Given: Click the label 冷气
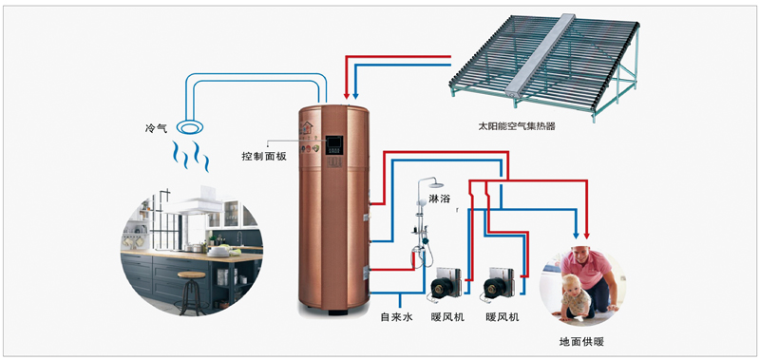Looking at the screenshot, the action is coord(156,128).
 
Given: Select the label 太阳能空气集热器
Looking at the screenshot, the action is coord(516,127).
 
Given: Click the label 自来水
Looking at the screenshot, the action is coord(396,318).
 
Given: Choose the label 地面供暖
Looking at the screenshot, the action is coord(581,342).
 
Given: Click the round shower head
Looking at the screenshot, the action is coord(436,184).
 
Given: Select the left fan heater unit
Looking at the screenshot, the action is coord(444,282).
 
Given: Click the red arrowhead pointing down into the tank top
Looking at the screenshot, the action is coord(347,95).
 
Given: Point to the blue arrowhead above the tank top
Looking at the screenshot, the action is coord(355,95).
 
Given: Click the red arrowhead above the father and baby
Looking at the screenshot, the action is coord(587,235).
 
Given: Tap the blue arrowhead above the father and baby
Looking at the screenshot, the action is coord(576,235).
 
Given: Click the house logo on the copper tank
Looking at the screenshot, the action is coord(306,128).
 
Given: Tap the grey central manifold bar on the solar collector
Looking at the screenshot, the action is coord(541,54).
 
